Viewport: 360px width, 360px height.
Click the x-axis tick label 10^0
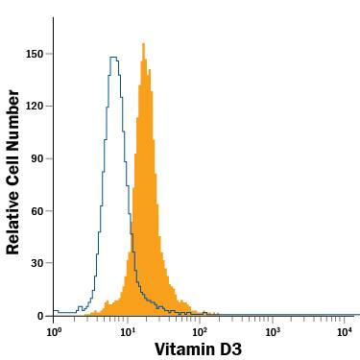(x=55, y=331)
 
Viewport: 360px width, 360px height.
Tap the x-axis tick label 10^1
(x=127, y=331)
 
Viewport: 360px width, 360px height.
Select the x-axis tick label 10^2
(x=200, y=331)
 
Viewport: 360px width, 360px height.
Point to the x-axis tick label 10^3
(x=272, y=331)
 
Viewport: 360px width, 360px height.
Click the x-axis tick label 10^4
(x=344, y=331)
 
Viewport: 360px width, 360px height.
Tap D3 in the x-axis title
(x=230, y=349)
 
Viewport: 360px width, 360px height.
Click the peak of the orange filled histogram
(x=143, y=44)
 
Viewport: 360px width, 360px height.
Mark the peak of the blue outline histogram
(x=114, y=58)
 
